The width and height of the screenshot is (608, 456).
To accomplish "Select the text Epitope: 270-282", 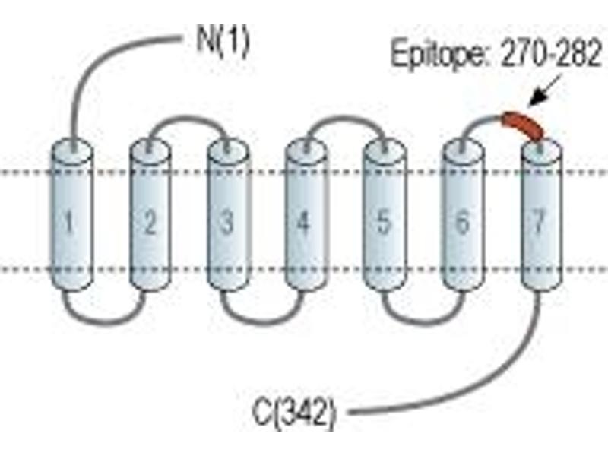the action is coord(496,55).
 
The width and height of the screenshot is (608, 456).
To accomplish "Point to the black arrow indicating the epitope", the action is coord(546,90).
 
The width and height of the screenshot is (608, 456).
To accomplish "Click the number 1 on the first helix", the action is coord(69,222).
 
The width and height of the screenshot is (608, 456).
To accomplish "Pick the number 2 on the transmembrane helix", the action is coord(149,222).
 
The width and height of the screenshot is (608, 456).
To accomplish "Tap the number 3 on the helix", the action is coord(226,222).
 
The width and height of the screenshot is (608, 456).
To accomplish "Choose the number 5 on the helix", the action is coord(383,222).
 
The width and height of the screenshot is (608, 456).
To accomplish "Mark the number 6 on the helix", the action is coord(462,222).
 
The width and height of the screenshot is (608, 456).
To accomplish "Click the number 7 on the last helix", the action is coord(540,222).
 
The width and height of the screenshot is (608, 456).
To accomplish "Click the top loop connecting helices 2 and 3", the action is coord(188,117).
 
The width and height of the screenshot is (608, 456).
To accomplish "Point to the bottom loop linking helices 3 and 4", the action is coord(261,321).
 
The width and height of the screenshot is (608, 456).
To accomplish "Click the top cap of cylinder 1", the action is coord(72,150).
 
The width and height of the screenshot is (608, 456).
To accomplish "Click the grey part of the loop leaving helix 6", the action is coord(477,123).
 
